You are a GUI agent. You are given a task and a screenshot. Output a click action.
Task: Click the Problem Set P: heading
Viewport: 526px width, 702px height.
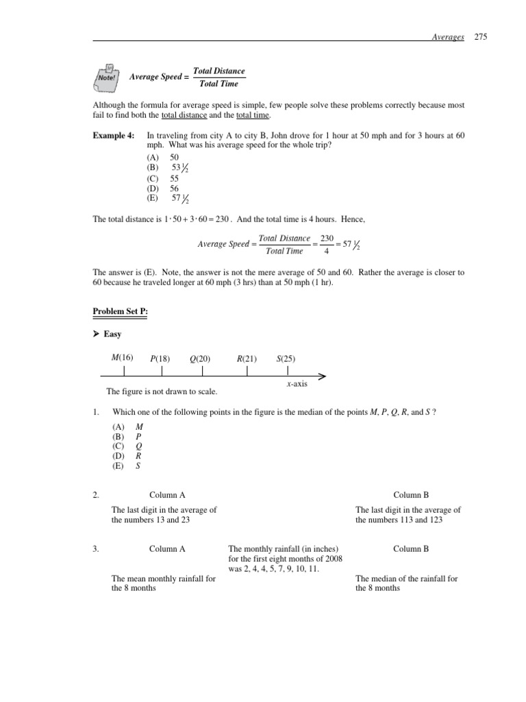[120, 311]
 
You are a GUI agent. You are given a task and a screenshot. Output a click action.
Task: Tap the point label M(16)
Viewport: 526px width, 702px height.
[122, 358]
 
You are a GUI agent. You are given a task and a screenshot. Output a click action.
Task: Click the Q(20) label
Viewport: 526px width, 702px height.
[200, 359]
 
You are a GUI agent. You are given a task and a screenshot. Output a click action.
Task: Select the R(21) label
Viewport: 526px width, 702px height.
[247, 359]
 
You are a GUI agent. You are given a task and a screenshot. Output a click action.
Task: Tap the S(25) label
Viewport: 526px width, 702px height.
[286, 359]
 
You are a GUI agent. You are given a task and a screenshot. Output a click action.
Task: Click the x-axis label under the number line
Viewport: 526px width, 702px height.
[297, 384]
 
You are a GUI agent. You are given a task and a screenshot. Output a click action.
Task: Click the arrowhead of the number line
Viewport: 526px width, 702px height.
[322, 376]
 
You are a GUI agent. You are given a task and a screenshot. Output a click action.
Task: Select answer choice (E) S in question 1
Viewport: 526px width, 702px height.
[127, 465]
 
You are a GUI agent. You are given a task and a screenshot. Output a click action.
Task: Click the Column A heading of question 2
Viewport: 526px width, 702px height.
[167, 494]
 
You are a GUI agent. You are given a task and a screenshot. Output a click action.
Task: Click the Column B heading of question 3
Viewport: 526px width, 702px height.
[411, 549]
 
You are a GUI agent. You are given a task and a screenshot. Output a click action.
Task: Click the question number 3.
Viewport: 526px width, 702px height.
[96, 549]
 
